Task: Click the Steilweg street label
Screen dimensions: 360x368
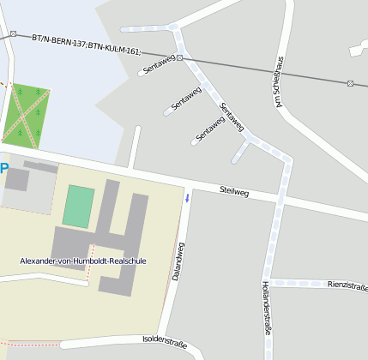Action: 233,192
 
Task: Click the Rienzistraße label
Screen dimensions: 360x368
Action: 347,285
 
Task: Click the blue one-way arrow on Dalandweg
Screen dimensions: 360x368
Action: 188,198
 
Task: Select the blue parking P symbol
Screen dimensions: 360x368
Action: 3,168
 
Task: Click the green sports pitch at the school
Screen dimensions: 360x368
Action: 78,207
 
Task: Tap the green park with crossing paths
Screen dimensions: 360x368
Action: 26,113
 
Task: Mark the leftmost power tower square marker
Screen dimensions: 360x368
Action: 14,34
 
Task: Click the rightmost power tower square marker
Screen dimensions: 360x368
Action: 350,83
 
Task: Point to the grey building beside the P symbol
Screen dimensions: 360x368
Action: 17,179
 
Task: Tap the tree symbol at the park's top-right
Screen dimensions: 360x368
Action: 41,92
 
